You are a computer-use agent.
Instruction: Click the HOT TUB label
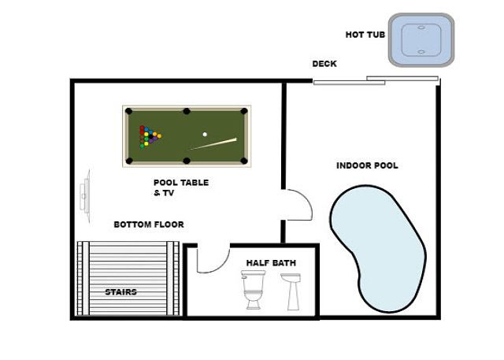tap(365, 35)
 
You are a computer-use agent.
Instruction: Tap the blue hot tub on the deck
tap(421, 40)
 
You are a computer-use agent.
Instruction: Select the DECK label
tap(324, 64)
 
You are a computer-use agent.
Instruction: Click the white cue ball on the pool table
tap(205, 135)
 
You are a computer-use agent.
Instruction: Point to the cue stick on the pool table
tap(213, 144)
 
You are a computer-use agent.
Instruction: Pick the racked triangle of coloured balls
tap(150, 136)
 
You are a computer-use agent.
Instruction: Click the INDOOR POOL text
tap(367, 165)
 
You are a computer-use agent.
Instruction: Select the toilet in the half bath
tap(254, 290)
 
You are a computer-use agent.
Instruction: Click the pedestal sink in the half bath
tap(291, 291)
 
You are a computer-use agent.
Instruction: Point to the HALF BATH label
tap(271, 263)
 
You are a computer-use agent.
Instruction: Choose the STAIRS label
tap(120, 292)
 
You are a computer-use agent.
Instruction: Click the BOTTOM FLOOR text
tap(149, 225)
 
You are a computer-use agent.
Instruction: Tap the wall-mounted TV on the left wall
tap(86, 196)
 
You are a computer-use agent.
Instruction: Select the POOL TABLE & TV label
tap(181, 187)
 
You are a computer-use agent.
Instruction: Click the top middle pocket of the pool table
tap(187, 111)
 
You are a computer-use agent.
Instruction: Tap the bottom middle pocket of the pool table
tap(187, 161)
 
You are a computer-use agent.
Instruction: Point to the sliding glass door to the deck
tap(376, 80)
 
